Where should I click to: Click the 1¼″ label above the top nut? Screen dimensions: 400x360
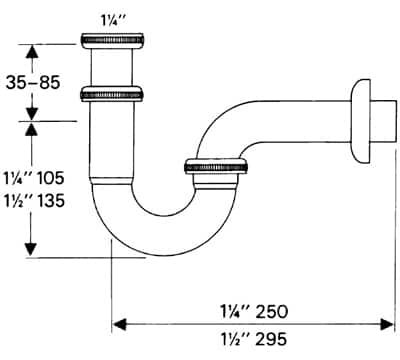coord(112,22)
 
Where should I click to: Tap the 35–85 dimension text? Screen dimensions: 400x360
coord(33,82)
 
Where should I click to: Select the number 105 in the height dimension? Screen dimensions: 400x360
coord(50,178)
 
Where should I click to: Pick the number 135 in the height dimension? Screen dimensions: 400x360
coord(51,201)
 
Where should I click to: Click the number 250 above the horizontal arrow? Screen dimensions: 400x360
coord(272,312)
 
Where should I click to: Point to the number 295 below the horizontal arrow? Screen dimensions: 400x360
coord(272,339)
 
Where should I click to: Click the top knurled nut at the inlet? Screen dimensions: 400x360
coord(112,40)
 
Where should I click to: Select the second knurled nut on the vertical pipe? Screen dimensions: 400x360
coord(112,94)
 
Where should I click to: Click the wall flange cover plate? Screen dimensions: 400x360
coord(360,121)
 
